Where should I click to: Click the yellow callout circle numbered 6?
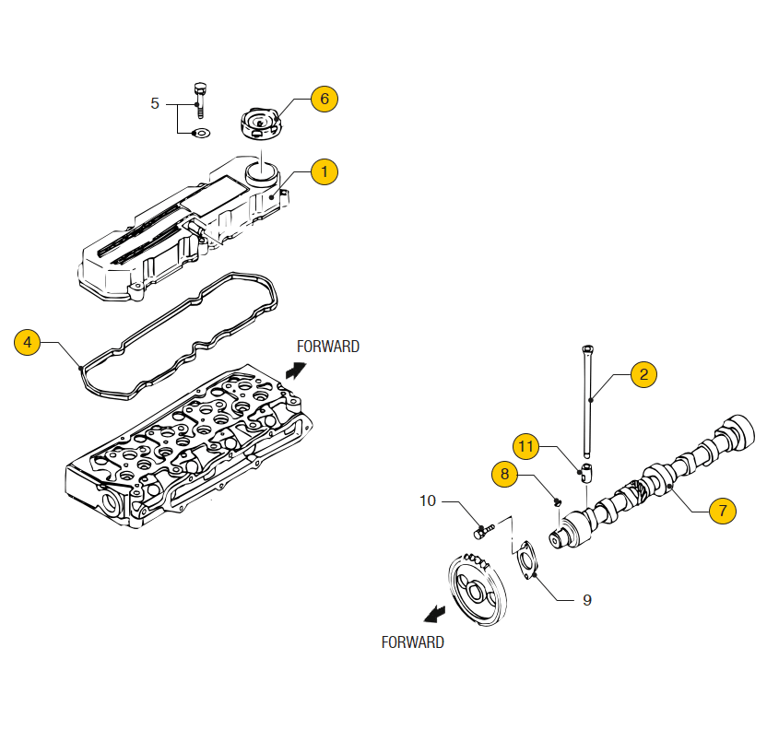[324, 99]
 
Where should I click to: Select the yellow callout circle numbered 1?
[324, 171]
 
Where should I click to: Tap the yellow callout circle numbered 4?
[28, 342]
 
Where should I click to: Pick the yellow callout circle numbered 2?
[643, 373]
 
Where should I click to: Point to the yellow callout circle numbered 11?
[525, 446]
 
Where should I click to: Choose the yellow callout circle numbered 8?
[504, 475]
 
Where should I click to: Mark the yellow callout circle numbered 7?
[723, 510]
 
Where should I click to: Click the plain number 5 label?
[155, 103]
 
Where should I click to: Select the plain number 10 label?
[428, 501]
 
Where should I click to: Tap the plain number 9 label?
[586, 600]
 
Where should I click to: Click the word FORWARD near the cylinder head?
[327, 347]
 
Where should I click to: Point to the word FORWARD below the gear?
[412, 642]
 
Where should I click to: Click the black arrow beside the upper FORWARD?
[295, 371]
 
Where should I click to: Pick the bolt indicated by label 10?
[483, 530]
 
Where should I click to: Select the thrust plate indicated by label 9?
[526, 560]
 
